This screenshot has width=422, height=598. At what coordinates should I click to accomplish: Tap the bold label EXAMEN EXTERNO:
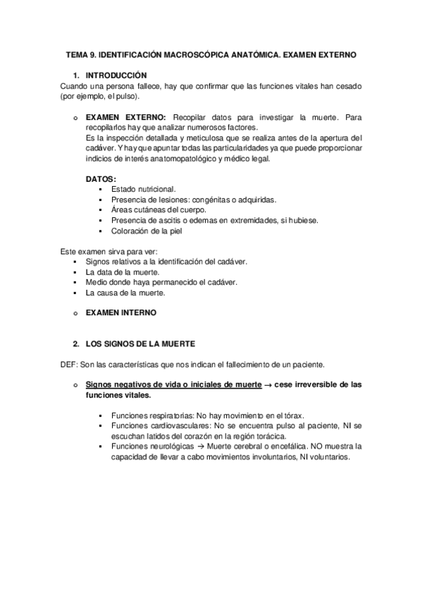point(125,116)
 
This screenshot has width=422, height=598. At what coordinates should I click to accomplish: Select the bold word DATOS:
point(101,179)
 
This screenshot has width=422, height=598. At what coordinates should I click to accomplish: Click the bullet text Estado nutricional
point(144,190)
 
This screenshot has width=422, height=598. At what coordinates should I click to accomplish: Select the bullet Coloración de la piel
point(146,231)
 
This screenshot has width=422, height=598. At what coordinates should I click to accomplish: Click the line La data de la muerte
point(122,271)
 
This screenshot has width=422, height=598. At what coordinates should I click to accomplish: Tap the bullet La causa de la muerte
point(125,292)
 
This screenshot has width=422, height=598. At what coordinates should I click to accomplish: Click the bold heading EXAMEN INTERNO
point(121,312)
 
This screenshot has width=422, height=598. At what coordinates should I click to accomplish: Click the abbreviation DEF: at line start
point(70,365)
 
